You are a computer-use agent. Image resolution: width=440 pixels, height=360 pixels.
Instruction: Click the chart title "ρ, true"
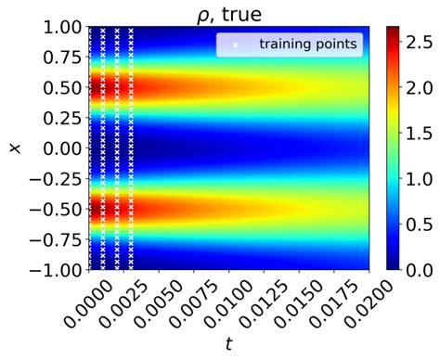pyautogui.click(x=228, y=12)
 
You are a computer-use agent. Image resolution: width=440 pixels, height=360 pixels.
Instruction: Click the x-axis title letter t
pyautogui.click(x=228, y=345)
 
